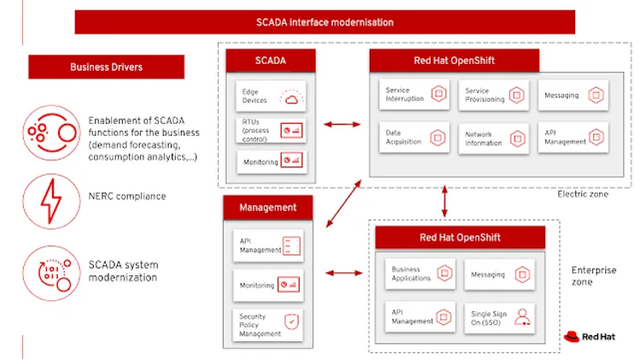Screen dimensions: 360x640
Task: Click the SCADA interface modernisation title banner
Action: (324, 22)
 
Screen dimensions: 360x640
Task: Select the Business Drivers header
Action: (106, 67)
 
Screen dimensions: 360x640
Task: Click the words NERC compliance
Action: (127, 196)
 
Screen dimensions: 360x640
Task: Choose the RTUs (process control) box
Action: (270, 130)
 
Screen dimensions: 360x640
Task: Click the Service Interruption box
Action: (415, 95)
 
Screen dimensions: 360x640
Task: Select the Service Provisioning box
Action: (494, 95)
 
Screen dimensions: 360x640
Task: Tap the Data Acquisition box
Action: (415, 136)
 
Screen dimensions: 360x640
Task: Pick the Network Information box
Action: (494, 137)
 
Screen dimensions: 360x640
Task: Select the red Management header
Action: (268, 207)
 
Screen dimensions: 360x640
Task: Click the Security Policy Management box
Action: (269, 324)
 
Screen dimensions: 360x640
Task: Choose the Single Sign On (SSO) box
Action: (499, 318)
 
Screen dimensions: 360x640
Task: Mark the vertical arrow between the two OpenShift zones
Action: (445, 200)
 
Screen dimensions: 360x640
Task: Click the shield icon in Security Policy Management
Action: (292, 323)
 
